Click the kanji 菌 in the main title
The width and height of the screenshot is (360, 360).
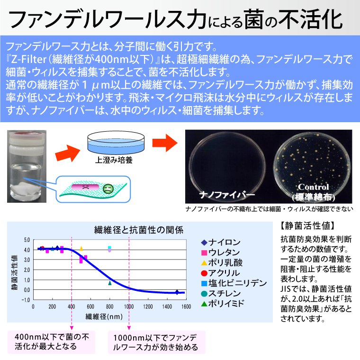(x=254, y=20)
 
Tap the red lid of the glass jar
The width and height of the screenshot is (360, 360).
(x=27, y=135)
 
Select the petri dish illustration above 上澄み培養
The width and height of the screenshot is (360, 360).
(x=116, y=143)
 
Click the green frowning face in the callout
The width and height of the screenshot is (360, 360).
(x=108, y=189)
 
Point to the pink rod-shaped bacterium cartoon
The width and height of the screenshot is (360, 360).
(x=85, y=187)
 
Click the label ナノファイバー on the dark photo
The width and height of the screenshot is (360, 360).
(x=227, y=195)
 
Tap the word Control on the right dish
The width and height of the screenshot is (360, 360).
(x=314, y=187)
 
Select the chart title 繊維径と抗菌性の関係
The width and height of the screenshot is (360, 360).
(x=139, y=230)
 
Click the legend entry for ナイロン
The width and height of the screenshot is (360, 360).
(x=221, y=242)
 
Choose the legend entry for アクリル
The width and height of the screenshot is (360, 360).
(x=220, y=273)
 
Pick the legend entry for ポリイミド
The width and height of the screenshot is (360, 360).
(x=222, y=304)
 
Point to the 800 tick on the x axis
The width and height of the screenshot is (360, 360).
(x=110, y=306)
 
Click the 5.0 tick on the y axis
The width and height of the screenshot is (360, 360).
(x=27, y=240)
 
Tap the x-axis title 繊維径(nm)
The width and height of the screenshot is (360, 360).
(x=104, y=316)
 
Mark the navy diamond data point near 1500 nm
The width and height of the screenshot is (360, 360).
(x=177, y=292)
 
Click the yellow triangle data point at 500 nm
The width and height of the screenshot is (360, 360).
(x=81, y=249)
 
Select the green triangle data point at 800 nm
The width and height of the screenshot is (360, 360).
(x=110, y=283)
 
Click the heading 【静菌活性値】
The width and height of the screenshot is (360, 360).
(x=307, y=226)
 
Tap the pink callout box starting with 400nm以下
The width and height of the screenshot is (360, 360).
(x=51, y=342)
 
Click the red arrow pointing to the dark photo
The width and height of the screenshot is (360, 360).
(x=165, y=143)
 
